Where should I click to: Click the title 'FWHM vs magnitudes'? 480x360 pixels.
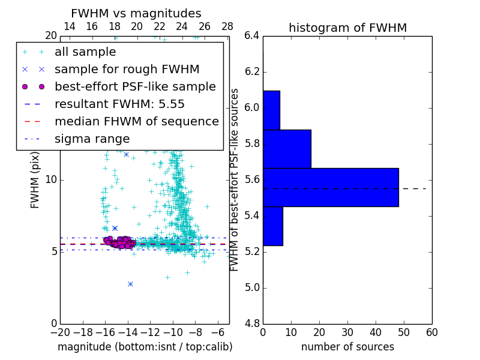tap(136, 14)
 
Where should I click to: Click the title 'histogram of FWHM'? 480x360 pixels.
tap(347, 28)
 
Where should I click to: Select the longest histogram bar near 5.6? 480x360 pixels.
tap(331, 187)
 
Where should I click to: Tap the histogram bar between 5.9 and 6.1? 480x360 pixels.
tap(271, 110)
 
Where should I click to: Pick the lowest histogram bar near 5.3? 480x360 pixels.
tap(272, 226)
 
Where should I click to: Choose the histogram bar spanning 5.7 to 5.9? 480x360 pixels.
tap(287, 149)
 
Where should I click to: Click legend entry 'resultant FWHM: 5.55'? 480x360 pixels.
tap(119, 104)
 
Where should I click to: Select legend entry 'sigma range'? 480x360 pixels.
tap(92, 139)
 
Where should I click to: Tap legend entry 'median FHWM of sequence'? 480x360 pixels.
tap(136, 121)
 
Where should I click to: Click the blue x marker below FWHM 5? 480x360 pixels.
tap(130, 284)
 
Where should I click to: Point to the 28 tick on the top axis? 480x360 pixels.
tap(227, 26)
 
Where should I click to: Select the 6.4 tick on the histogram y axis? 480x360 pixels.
tap(252, 36)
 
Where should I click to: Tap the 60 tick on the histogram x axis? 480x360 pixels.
tap(431, 332)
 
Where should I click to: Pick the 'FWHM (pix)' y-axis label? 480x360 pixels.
tap(35, 180)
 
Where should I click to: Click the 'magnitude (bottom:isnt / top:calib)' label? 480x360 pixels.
tap(145, 347)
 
